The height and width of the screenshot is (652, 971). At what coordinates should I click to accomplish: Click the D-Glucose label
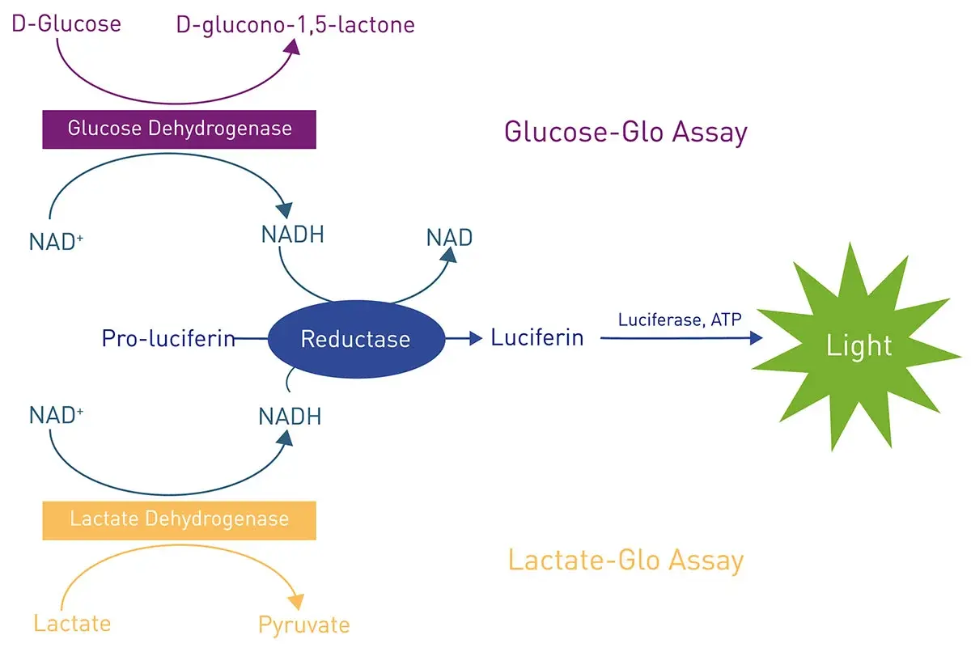pyautogui.click(x=66, y=23)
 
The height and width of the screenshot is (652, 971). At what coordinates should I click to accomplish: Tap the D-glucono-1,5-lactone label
pyautogui.click(x=295, y=25)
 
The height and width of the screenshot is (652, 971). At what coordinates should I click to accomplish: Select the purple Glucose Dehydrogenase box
pyautogui.click(x=179, y=129)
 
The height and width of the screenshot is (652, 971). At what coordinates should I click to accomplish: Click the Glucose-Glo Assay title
pyautogui.click(x=625, y=131)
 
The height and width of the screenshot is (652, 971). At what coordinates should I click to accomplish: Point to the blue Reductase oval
pyautogui.click(x=355, y=338)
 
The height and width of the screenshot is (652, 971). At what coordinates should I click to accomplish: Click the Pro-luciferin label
pyautogui.click(x=168, y=338)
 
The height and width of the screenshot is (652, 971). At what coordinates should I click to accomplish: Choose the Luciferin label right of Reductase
pyautogui.click(x=537, y=337)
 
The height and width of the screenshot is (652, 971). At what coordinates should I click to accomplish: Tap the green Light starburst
pyautogui.click(x=859, y=347)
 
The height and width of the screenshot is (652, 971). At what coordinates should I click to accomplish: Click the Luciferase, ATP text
pyautogui.click(x=680, y=320)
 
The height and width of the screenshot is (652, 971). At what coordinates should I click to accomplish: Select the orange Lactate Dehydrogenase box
pyautogui.click(x=179, y=519)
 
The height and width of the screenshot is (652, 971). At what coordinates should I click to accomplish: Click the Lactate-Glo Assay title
pyautogui.click(x=625, y=560)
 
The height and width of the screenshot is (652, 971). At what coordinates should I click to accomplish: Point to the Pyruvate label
pyautogui.click(x=304, y=625)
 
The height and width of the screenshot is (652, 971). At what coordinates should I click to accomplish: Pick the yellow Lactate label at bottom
pyautogui.click(x=72, y=623)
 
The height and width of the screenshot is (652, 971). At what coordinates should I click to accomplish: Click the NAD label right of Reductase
pyautogui.click(x=449, y=238)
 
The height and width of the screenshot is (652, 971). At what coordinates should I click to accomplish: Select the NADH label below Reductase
pyautogui.click(x=290, y=417)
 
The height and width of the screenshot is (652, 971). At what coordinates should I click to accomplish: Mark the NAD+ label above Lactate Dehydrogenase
pyautogui.click(x=57, y=416)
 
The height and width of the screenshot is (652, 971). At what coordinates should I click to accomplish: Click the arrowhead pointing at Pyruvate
pyautogui.click(x=297, y=602)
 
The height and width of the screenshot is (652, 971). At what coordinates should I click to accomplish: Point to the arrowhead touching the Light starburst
pyautogui.click(x=756, y=338)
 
